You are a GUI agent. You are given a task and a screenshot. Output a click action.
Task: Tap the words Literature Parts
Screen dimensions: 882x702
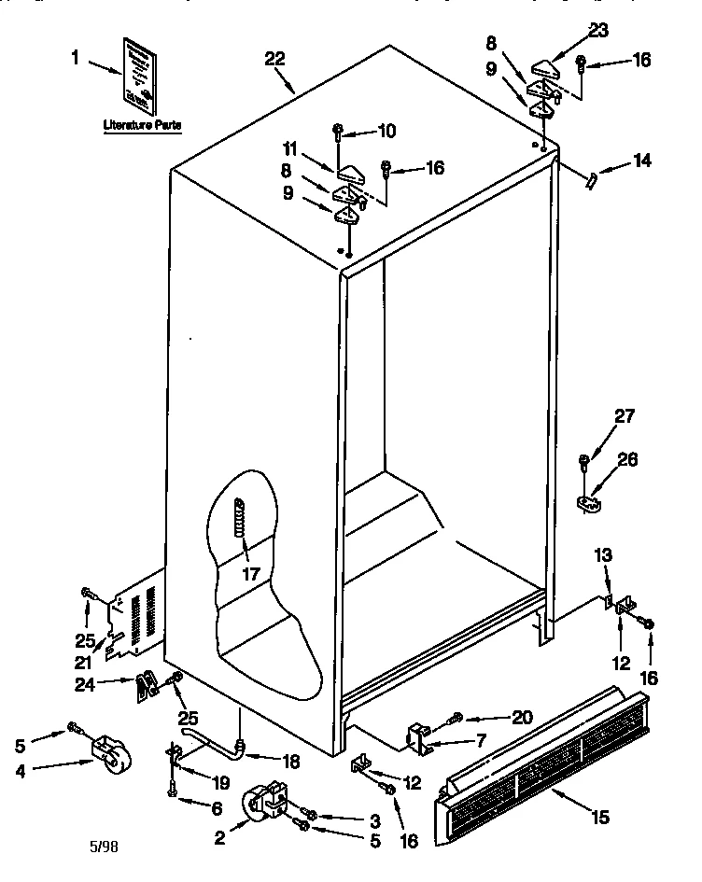click(x=142, y=124)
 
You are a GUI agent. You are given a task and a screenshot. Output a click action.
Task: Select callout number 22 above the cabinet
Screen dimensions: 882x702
click(x=274, y=59)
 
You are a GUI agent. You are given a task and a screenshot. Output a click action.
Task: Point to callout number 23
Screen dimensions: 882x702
click(x=597, y=31)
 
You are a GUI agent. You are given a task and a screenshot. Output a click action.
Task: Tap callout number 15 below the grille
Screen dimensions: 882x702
click(x=599, y=818)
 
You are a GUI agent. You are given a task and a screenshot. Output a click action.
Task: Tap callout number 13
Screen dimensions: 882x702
click(x=603, y=556)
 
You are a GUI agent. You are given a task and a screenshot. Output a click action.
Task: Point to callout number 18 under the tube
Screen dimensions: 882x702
click(x=290, y=761)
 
